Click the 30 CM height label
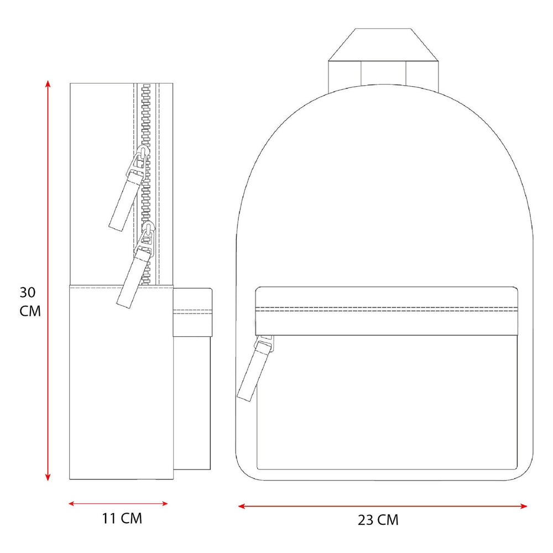(30, 302)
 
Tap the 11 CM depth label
(122, 519)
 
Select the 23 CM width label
(378, 520)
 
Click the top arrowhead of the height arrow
(48, 84)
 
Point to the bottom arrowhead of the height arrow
(48, 477)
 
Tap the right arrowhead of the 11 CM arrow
(164, 504)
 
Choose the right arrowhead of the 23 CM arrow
(523, 507)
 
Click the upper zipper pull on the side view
(129, 189)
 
